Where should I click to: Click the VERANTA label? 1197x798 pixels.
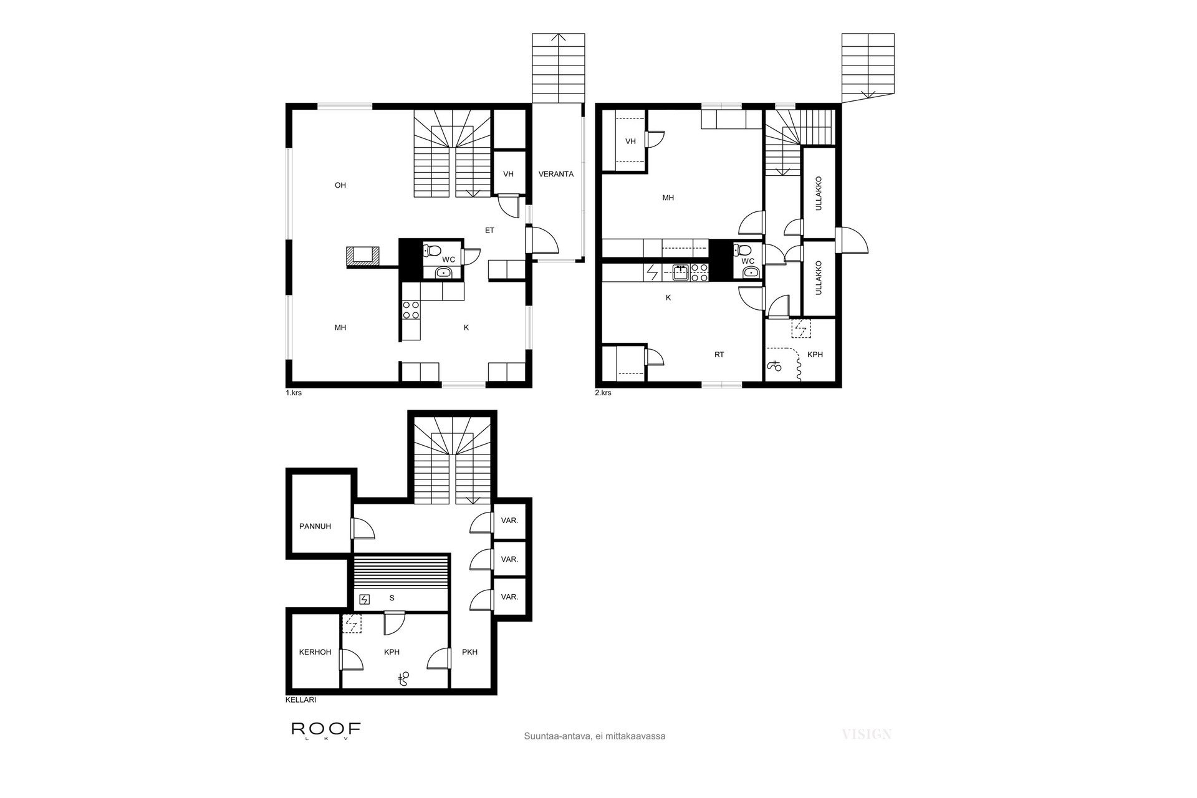pyautogui.click(x=556, y=174)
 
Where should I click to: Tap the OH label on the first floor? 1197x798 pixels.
pyautogui.click(x=340, y=185)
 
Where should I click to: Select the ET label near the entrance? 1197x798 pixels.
pyautogui.click(x=490, y=230)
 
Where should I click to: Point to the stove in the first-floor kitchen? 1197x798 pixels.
pyautogui.click(x=411, y=310)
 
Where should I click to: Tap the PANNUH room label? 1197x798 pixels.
pyautogui.click(x=315, y=526)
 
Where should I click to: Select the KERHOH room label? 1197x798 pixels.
pyautogui.click(x=315, y=652)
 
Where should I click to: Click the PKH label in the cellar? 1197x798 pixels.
pyautogui.click(x=470, y=652)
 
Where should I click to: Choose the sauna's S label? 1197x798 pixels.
pyautogui.click(x=392, y=598)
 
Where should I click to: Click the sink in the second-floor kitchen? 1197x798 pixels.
pyautogui.click(x=681, y=272)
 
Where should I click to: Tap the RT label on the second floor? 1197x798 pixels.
pyautogui.click(x=719, y=355)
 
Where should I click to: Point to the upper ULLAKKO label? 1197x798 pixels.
pyautogui.click(x=819, y=193)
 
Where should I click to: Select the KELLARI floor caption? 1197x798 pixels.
pyautogui.click(x=300, y=700)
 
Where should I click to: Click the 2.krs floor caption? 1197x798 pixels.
pyautogui.click(x=603, y=393)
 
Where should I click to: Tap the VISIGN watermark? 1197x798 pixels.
pyautogui.click(x=867, y=734)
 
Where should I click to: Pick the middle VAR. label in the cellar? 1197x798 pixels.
pyautogui.click(x=510, y=559)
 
